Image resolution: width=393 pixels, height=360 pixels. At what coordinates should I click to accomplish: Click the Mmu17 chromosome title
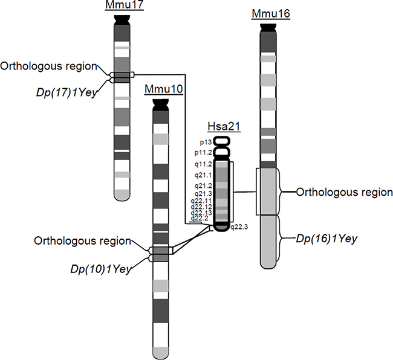pyautogui.click(x=121, y=6)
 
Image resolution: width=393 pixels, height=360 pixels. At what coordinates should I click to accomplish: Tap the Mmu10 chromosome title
pyautogui.click(x=160, y=89)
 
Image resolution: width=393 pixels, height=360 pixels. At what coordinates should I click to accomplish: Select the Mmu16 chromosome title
pyautogui.click(x=270, y=14)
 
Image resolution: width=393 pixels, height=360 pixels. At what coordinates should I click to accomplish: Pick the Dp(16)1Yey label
pyautogui.click(x=327, y=239)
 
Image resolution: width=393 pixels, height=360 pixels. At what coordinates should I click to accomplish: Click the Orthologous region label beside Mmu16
pyautogui.click(x=345, y=193)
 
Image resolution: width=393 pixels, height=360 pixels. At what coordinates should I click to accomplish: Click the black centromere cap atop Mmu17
pyautogui.click(x=121, y=19)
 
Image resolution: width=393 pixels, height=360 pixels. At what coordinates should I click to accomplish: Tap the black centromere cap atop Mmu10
pyautogui.click(x=160, y=105)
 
